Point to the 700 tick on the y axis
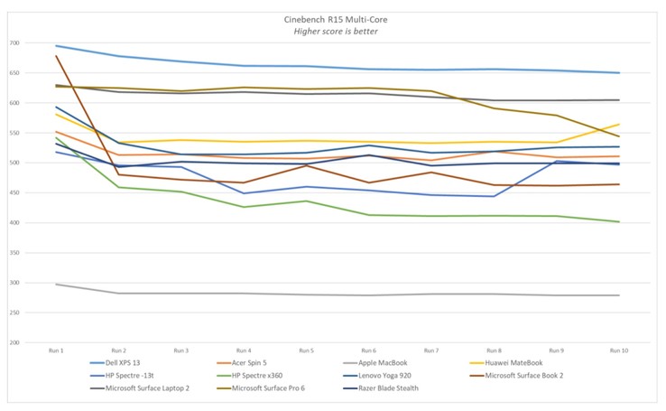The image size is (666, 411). pyautogui.click(x=14, y=43)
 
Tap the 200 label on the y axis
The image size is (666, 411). pyautogui.click(x=14, y=342)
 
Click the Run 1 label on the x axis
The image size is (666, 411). pyautogui.click(x=56, y=350)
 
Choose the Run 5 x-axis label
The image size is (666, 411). pyautogui.click(x=306, y=350)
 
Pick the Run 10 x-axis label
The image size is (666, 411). pyautogui.click(x=618, y=350)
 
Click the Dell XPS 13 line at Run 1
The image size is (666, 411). pyautogui.click(x=56, y=45)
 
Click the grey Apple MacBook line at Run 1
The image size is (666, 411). pyautogui.click(x=56, y=285)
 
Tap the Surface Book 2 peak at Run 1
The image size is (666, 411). pyautogui.click(x=56, y=56)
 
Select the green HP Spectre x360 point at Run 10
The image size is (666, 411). pyautogui.click(x=618, y=222)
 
